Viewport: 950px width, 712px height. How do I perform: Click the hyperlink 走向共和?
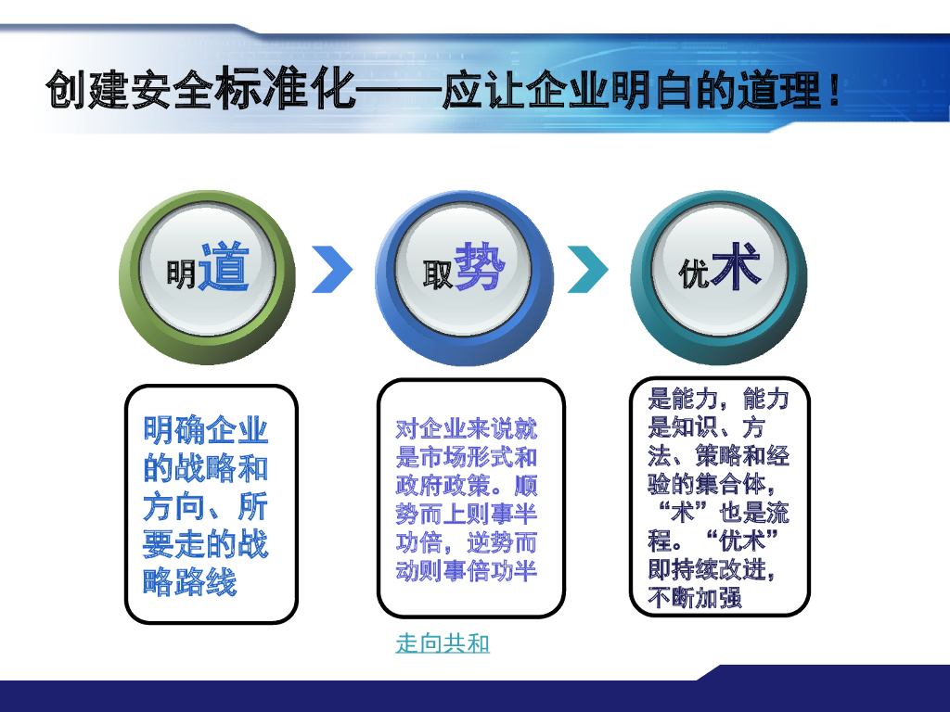pos(443,643)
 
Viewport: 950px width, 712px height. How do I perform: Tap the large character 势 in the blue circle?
pos(480,266)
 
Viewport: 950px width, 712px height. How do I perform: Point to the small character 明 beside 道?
pos(182,273)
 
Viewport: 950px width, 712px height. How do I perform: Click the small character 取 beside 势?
pos(437,275)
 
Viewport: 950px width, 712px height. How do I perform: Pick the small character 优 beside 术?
pos(694,274)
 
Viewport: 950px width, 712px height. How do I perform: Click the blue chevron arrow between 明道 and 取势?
pos(332,270)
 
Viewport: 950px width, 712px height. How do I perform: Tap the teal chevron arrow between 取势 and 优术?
pos(588,270)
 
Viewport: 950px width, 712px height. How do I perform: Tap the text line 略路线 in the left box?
pos(190,582)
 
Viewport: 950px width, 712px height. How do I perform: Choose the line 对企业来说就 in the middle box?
pos(467,429)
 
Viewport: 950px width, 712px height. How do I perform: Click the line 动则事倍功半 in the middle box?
pos(467,569)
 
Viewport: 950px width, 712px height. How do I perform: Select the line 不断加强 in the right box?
pos(695,598)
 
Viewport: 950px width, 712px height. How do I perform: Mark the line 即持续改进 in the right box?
pos(711,569)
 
